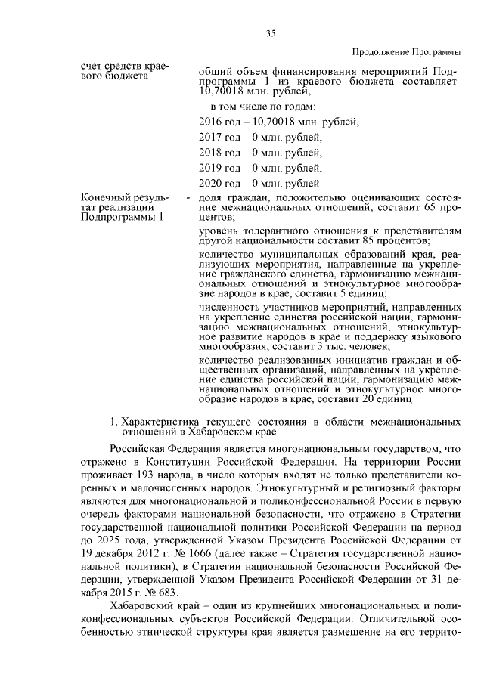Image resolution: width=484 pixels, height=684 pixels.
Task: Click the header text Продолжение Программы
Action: tap(406, 51)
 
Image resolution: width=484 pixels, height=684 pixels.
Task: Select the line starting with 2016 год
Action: tap(278, 121)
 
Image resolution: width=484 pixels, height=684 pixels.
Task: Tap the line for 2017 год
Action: tap(260, 137)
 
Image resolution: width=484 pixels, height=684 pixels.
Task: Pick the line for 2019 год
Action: tap(260, 168)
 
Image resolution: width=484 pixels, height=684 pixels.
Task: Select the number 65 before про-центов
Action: tap(431, 206)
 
